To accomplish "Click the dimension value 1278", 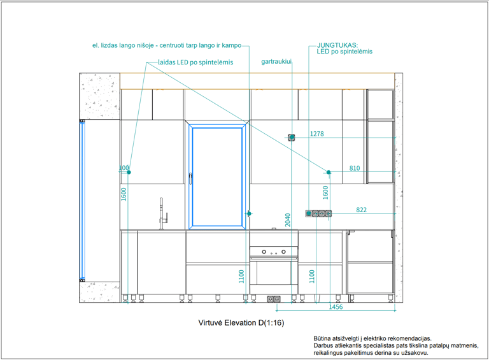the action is click(x=317, y=134).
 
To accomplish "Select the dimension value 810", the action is click(x=355, y=168).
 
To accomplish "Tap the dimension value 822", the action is click(x=362, y=210).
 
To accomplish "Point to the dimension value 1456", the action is click(x=336, y=307).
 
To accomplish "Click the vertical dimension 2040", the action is click(x=288, y=220).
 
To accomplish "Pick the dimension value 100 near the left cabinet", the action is click(x=124, y=168).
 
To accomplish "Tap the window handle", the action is click(x=190, y=179).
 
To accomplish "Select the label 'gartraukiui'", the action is click(x=276, y=62).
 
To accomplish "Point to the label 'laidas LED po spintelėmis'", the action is click(x=195, y=62).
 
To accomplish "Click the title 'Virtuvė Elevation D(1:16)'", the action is click(x=241, y=322).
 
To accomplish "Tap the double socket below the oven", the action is click(x=274, y=299).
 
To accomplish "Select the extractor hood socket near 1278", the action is click(x=292, y=137).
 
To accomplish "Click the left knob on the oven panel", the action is click(x=264, y=252).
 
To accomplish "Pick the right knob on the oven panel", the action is click(x=283, y=252).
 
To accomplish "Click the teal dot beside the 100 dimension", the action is click(x=129, y=172).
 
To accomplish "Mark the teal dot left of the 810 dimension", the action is click(x=329, y=172).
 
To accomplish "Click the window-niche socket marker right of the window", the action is click(x=249, y=213).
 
